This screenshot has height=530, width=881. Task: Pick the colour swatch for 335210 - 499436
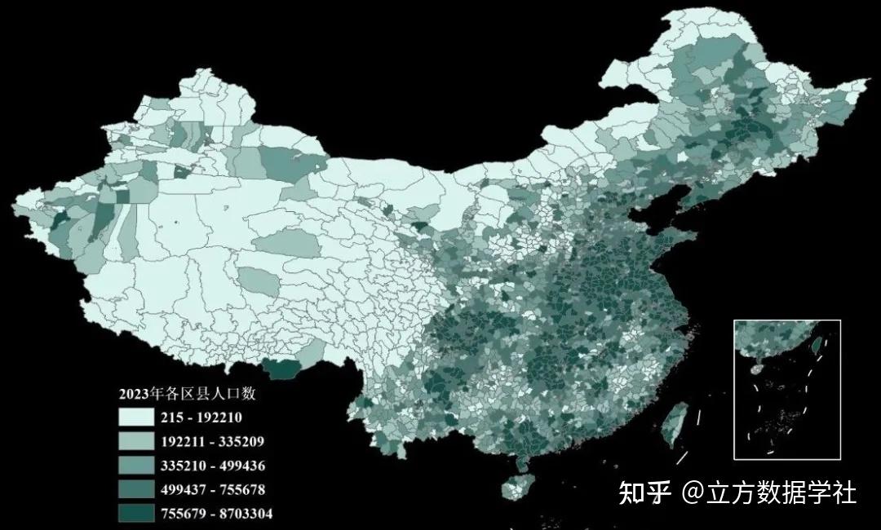point(135,466)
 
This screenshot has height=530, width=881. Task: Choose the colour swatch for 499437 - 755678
point(135,489)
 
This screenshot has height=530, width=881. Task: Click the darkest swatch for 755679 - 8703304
point(135,513)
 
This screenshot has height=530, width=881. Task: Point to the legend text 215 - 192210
point(201,418)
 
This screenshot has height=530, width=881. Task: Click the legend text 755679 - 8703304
point(216,514)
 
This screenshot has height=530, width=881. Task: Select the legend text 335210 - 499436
point(212,466)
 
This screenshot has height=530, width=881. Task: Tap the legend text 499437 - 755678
point(212,490)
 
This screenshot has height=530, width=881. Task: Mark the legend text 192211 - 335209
point(212,442)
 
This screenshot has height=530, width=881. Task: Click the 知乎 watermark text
point(644,492)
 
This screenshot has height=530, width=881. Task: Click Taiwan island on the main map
point(673,424)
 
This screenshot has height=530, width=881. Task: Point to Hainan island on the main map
point(516,488)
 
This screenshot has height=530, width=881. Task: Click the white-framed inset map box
point(786,389)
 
